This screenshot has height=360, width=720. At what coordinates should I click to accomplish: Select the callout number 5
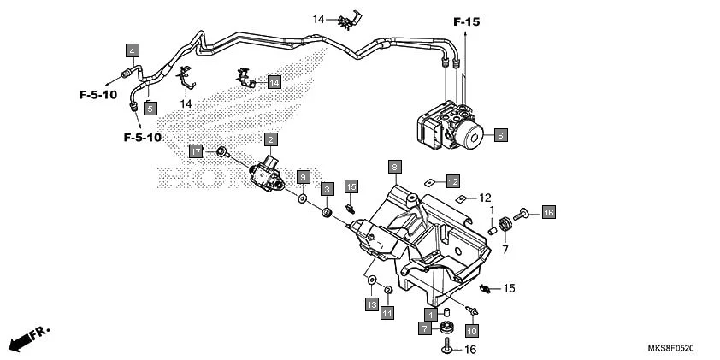(x=150, y=108)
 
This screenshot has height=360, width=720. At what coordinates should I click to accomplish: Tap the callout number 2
(x=270, y=139)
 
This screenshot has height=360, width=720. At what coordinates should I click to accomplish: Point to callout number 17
(x=196, y=151)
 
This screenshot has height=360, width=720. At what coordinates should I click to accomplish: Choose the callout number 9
(x=303, y=176)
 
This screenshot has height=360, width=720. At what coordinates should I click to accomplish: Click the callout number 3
(x=327, y=187)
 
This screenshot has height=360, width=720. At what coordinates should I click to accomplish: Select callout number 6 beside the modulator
(x=500, y=134)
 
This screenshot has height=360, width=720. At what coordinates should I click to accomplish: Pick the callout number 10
(x=471, y=328)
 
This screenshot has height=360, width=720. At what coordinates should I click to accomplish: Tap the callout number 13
(x=371, y=304)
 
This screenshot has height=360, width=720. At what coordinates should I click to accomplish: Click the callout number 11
(x=387, y=313)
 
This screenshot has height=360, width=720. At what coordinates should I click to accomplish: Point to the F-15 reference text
(x=467, y=21)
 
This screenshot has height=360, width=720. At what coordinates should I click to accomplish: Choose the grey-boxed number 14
(x=274, y=82)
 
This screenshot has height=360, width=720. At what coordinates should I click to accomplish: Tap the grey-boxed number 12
(x=452, y=180)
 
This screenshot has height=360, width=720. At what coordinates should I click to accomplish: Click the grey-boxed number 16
(x=548, y=212)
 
